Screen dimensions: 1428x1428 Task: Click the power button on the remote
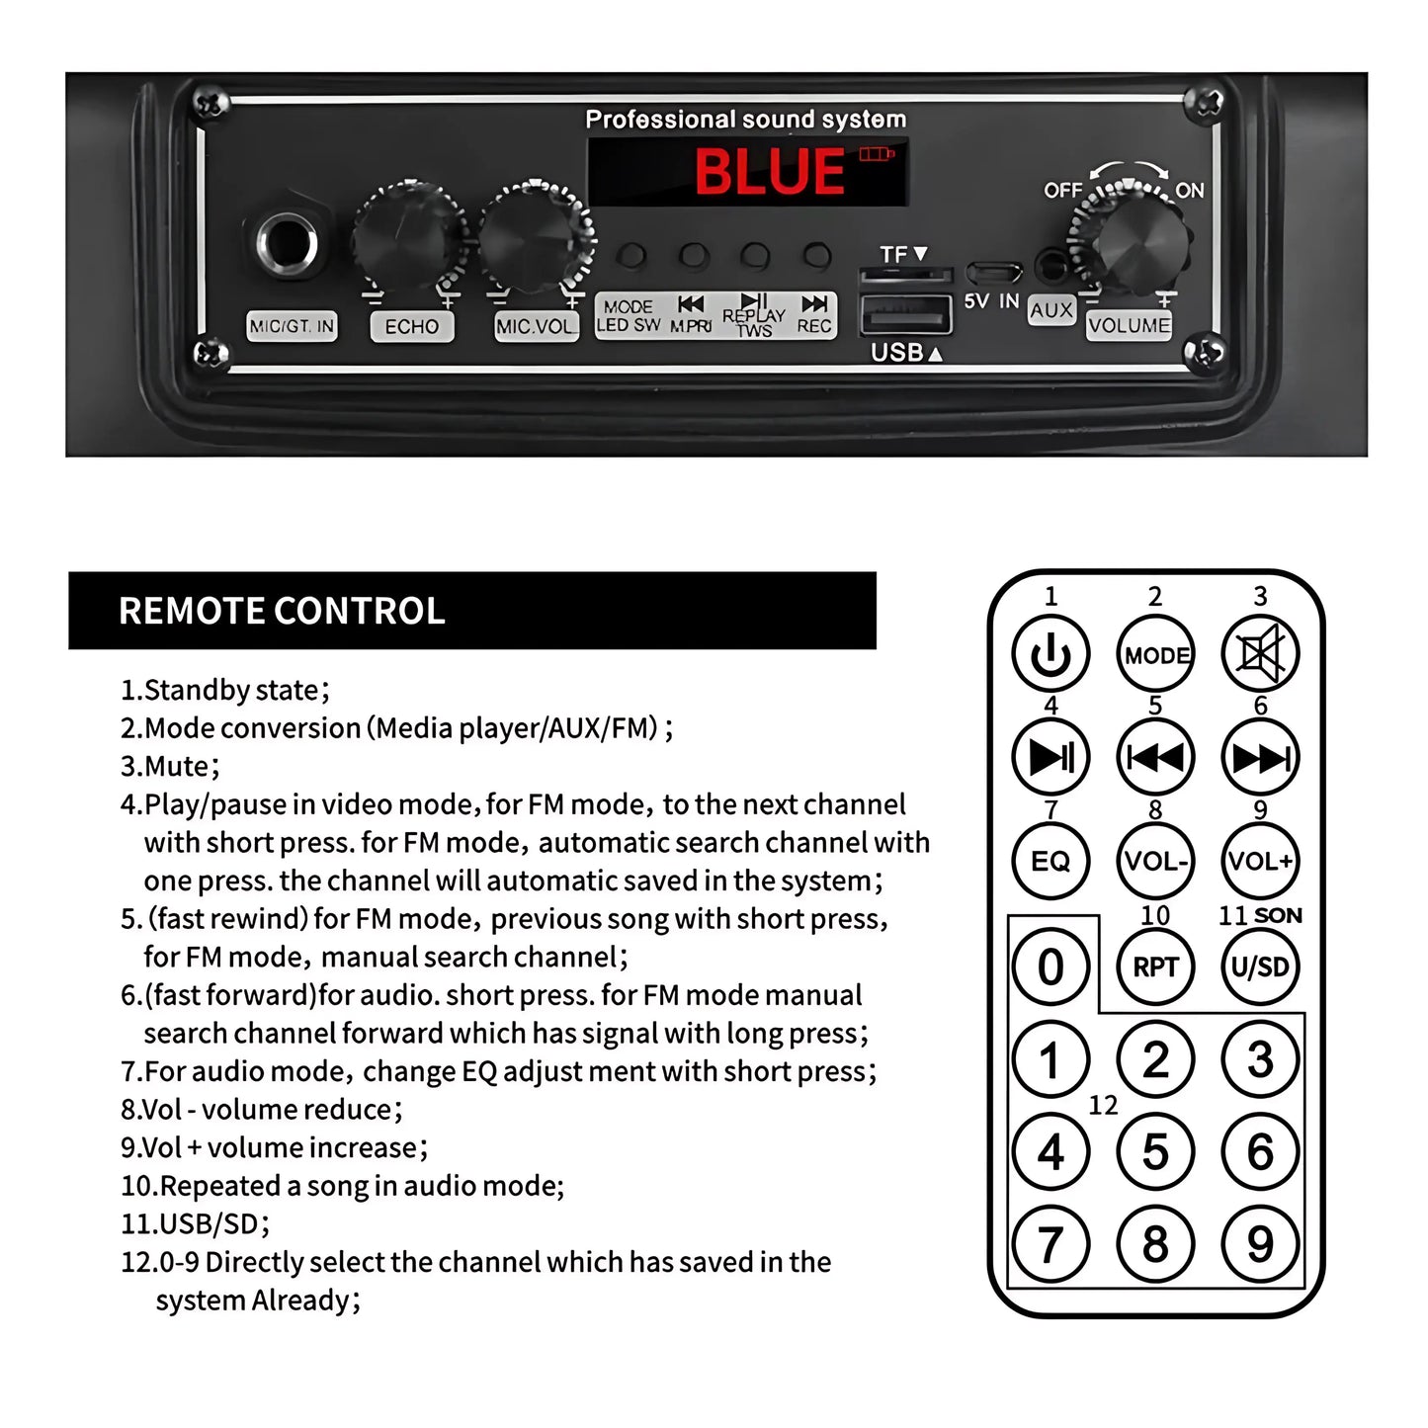pyautogui.click(x=1050, y=653)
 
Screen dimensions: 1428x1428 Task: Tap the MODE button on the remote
pyautogui.click(x=1155, y=653)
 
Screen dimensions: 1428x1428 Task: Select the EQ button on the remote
pyautogui.click(x=1050, y=861)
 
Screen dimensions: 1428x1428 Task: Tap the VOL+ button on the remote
pyautogui.click(x=1260, y=861)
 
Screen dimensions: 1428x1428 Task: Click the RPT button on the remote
pyautogui.click(x=1155, y=966)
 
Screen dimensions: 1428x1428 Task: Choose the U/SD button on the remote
pyautogui.click(x=1260, y=966)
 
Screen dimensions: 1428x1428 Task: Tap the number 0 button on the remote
pyautogui.click(x=1050, y=966)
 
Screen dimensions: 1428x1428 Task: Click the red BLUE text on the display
pyautogui.click(x=769, y=171)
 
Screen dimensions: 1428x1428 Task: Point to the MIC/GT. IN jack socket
pyautogui.click(x=287, y=243)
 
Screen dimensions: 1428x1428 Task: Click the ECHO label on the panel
pyautogui.click(x=411, y=326)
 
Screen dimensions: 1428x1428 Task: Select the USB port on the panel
pyautogui.click(x=905, y=315)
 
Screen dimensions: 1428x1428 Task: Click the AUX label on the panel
pyautogui.click(x=1050, y=309)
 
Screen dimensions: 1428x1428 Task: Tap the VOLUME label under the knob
pyautogui.click(x=1129, y=325)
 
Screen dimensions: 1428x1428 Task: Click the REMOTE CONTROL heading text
pyautogui.click(x=282, y=611)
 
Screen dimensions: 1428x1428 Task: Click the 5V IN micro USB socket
pyautogui.click(x=994, y=273)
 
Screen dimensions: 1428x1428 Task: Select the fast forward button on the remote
pyautogui.click(x=1260, y=757)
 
